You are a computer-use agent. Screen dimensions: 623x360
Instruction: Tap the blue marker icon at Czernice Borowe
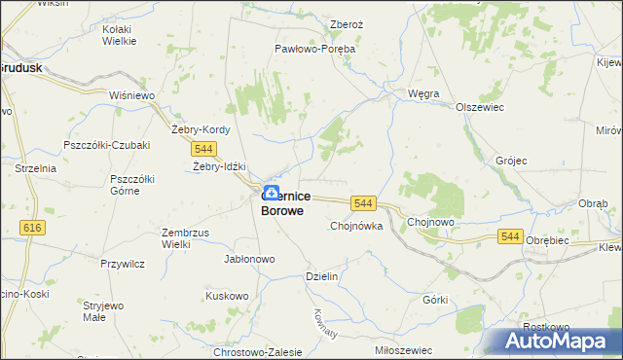click(x=271, y=194)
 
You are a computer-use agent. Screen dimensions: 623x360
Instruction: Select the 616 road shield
click(x=32, y=227)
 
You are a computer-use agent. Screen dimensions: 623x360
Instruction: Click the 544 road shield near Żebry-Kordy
click(x=203, y=148)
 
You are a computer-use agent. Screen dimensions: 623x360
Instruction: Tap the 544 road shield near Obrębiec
click(x=511, y=235)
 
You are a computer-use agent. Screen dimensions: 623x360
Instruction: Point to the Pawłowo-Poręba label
click(x=314, y=48)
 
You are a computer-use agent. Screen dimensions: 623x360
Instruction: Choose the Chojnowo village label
click(x=432, y=221)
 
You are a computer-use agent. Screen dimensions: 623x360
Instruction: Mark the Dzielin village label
click(x=321, y=276)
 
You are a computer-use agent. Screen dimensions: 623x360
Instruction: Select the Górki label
click(x=434, y=300)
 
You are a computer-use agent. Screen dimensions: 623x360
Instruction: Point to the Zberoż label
click(x=347, y=25)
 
